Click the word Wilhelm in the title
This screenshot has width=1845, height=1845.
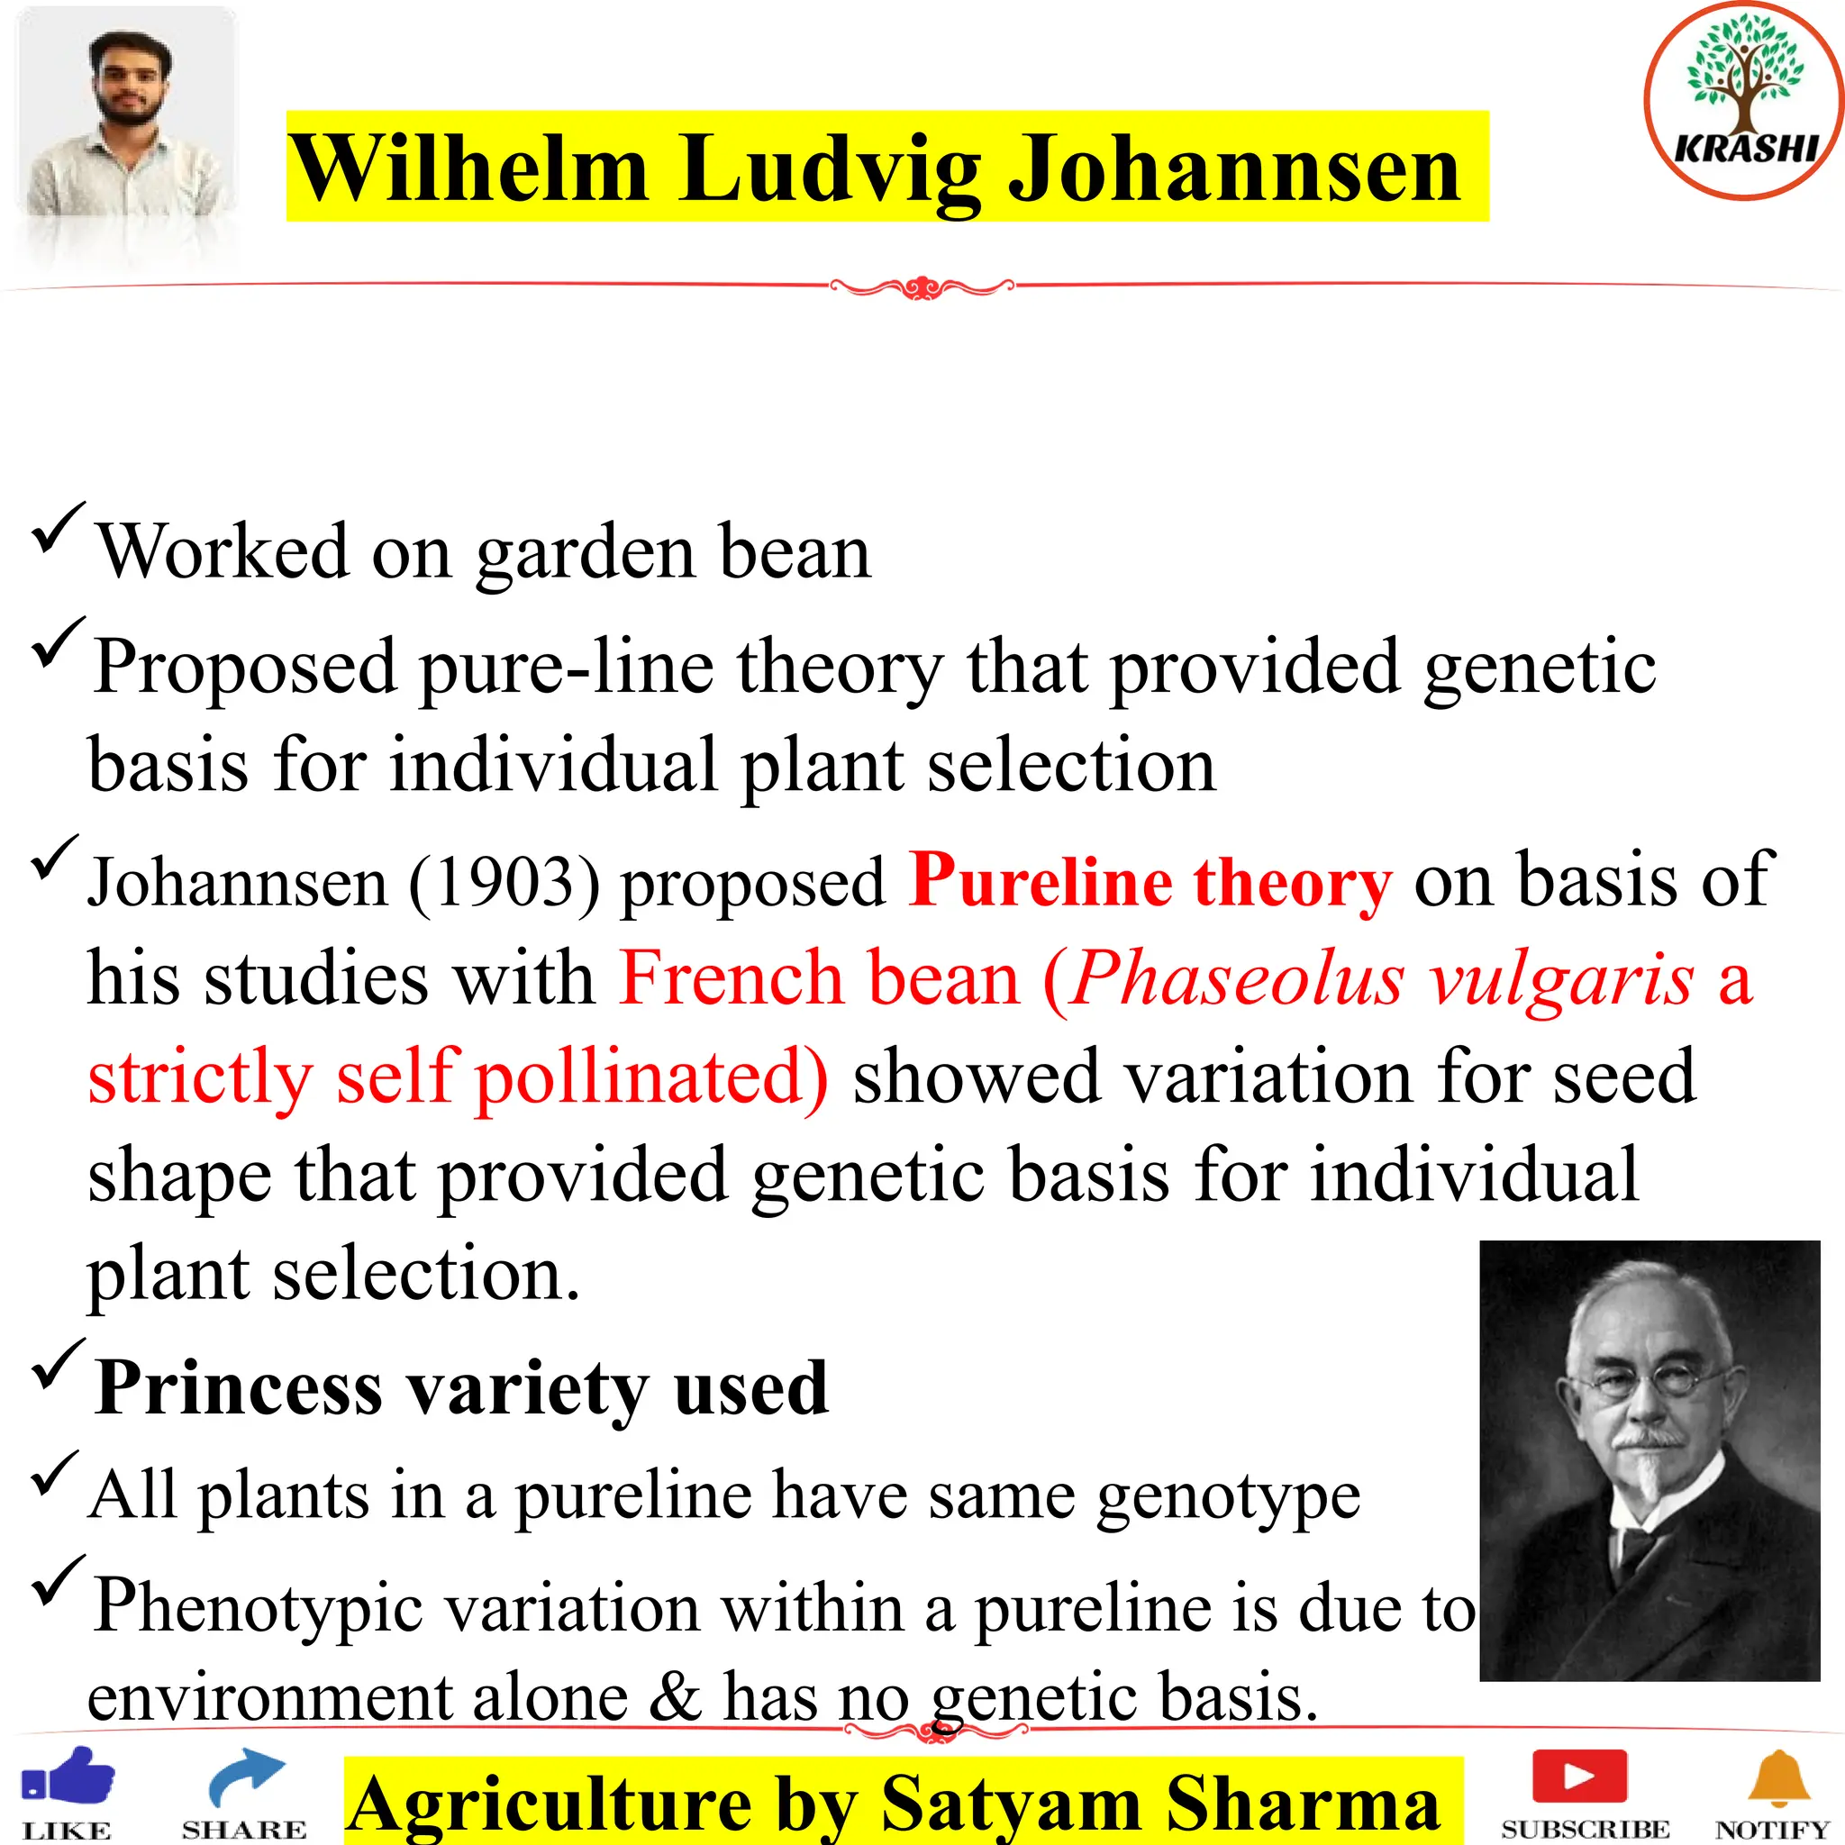[x=468, y=168]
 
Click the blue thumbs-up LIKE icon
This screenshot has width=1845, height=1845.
[x=68, y=1778]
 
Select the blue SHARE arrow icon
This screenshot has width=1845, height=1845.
[x=245, y=1778]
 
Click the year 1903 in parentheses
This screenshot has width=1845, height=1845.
[x=505, y=881]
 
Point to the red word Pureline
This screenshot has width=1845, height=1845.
[x=1040, y=879]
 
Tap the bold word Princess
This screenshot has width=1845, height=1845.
[x=239, y=1387]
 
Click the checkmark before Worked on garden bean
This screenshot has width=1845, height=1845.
[x=59, y=528]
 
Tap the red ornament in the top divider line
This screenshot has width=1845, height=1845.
[x=922, y=286]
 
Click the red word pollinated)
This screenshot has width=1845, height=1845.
[x=651, y=1077]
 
